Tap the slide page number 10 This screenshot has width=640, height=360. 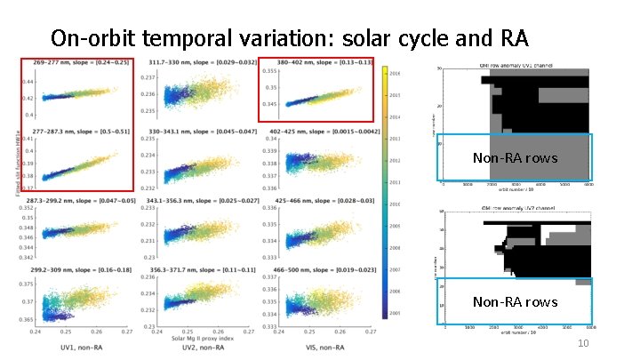point(583,344)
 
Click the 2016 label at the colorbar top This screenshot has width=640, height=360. point(395,74)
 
